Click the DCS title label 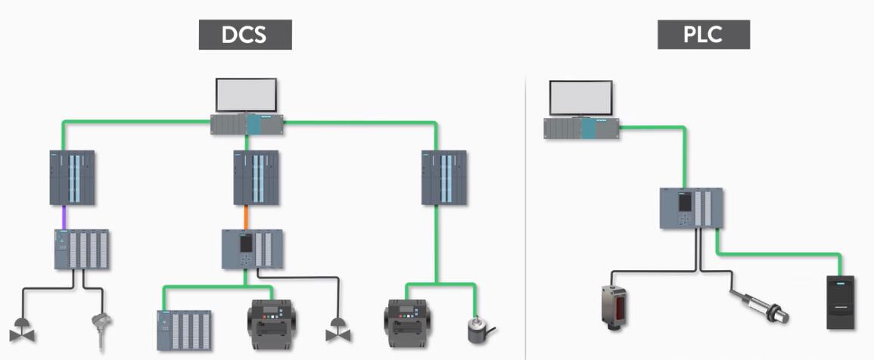[x=245, y=36]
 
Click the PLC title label [x=703, y=35]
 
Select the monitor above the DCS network [x=247, y=95]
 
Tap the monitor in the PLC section [x=580, y=98]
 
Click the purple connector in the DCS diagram [x=66, y=217]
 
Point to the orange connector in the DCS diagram [x=247, y=217]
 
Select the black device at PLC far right [x=842, y=302]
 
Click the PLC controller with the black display [x=691, y=208]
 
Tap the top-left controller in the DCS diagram [x=73, y=178]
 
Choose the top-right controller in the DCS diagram [x=444, y=178]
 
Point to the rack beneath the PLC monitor [x=581, y=128]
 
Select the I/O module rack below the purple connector [x=81, y=250]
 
